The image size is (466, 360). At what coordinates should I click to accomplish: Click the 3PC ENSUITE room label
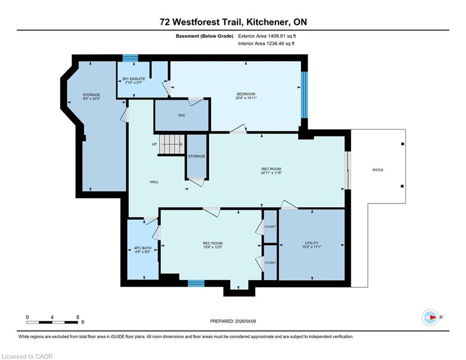[133, 79]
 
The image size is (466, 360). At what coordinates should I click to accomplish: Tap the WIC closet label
[182, 115]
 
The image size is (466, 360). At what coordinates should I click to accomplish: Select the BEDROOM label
[246, 94]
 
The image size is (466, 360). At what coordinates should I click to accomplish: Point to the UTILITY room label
[311, 243]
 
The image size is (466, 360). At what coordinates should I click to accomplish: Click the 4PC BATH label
[143, 248]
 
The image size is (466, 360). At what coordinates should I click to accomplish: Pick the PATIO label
[378, 170]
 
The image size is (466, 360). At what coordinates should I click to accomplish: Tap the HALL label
[154, 182]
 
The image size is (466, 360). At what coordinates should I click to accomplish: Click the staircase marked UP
[172, 144]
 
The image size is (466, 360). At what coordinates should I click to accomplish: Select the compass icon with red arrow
[430, 317]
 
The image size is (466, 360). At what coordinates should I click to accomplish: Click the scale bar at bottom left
[52, 322]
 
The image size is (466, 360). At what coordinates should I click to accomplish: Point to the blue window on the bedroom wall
[304, 95]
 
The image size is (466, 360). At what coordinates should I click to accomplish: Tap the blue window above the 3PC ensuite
[131, 58]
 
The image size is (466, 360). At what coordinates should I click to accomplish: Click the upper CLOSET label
[270, 227]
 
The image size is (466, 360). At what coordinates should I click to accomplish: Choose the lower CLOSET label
[270, 262]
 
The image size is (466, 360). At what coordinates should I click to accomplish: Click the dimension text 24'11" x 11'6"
[271, 172]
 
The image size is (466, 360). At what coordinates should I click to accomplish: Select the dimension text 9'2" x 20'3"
[91, 98]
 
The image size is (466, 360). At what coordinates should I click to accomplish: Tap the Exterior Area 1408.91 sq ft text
[267, 36]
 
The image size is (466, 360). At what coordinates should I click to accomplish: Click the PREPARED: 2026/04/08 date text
[233, 321]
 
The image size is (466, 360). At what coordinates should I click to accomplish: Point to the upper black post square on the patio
[403, 144]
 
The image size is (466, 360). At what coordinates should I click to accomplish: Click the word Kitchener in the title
[267, 22]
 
